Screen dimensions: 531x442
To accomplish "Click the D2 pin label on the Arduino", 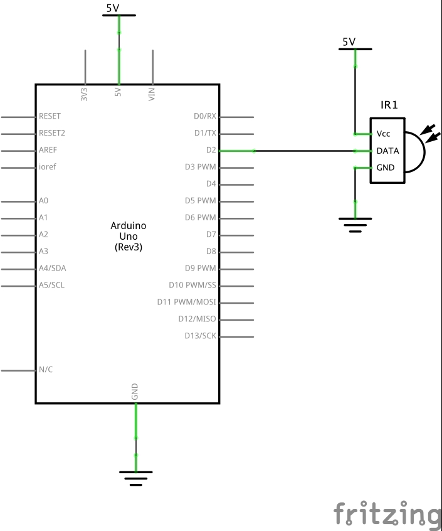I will [x=211, y=150].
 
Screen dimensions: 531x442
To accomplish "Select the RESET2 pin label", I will [x=52, y=133].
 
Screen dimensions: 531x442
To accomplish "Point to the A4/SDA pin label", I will [x=52, y=268].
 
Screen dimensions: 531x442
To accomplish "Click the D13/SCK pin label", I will [x=201, y=336].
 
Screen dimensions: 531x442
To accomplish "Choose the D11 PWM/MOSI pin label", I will [x=186, y=302].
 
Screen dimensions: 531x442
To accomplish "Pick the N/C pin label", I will [x=46, y=370].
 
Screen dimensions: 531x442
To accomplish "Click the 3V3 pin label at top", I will [x=85, y=94].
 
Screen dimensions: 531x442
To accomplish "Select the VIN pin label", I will [x=152, y=94].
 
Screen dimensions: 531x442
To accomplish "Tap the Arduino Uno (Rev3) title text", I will [x=129, y=236].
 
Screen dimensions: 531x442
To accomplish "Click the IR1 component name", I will [x=389, y=105].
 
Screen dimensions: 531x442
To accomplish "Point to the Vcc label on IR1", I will [x=383, y=134].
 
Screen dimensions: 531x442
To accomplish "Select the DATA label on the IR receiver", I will [x=387, y=151].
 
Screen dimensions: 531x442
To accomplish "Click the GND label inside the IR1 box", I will [x=386, y=168].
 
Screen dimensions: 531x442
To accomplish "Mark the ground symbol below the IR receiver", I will [x=355, y=224].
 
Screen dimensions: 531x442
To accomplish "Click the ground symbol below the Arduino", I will [x=136, y=477].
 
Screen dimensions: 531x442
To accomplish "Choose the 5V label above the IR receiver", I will [x=349, y=42].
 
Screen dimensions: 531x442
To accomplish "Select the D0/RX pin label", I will [x=205, y=116].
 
